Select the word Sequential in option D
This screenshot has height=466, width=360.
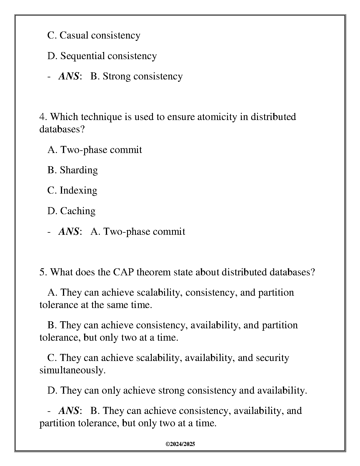point(83,56)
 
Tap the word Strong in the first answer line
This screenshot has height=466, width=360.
point(116,76)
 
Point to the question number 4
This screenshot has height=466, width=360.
point(43,117)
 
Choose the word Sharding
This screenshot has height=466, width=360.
point(79,170)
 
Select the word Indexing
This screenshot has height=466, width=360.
point(78,190)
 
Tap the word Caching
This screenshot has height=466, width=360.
point(78,211)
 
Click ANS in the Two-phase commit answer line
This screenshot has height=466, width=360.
point(69,232)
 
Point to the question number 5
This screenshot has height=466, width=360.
point(43,272)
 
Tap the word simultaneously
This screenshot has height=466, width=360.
point(72,370)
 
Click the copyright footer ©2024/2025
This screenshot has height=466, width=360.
point(180,444)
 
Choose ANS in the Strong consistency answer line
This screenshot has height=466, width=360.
point(69,76)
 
